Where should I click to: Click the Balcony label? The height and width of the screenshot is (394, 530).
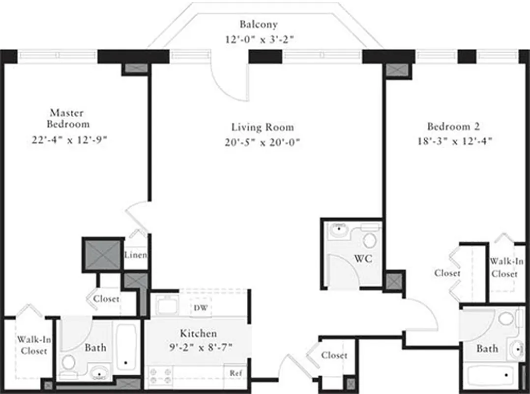point(258,24)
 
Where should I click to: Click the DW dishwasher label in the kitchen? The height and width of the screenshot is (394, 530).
point(200,308)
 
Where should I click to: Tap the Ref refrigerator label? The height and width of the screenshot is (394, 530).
point(235,373)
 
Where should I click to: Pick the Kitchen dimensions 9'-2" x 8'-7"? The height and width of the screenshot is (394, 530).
point(198,347)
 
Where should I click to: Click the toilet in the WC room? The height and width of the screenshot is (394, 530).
point(369,240)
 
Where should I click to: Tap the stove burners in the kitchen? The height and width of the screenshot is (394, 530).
point(160,376)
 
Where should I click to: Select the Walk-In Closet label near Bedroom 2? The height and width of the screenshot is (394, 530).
point(504,268)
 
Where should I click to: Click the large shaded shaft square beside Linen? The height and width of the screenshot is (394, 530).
point(102,255)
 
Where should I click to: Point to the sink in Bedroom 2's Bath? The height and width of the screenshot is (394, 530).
point(516,349)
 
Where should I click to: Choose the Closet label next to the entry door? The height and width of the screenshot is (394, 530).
point(334,355)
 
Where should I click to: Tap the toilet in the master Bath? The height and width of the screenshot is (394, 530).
point(69,363)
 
